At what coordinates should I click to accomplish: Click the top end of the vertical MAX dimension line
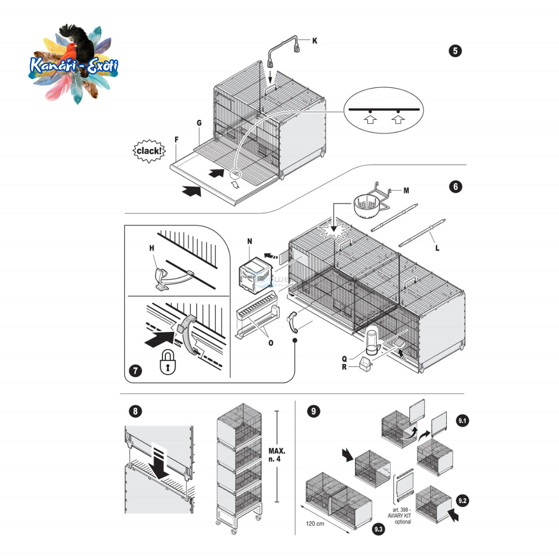tap(277, 411)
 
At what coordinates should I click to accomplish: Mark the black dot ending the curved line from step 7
tap(295, 340)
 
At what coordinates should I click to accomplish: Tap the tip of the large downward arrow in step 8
tap(160, 479)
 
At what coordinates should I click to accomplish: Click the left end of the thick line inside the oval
tap(349, 109)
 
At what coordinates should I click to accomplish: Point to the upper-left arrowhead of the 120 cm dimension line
tap(302, 506)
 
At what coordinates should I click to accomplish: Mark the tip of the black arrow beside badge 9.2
tap(448, 509)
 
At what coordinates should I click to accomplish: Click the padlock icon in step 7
tap(168, 362)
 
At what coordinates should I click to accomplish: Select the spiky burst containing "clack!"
tap(150, 151)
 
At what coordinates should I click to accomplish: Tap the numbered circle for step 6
tap(455, 186)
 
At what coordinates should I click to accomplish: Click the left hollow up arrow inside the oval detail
tap(371, 119)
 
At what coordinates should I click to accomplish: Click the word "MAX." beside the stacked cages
tap(276, 451)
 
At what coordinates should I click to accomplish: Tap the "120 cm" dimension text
tap(315, 524)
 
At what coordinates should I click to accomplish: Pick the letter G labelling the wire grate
tap(199, 123)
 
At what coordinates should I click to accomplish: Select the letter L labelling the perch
tap(437, 248)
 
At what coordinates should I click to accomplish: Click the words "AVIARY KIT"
tap(399, 516)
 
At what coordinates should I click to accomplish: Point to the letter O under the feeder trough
tap(271, 343)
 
